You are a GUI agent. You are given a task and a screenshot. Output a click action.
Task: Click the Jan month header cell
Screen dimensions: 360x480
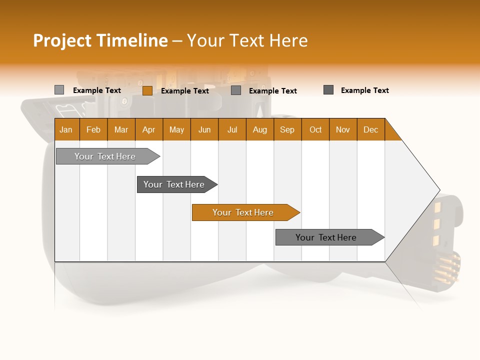click(66, 129)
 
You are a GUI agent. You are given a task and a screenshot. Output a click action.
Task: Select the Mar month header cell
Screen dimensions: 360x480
click(121, 129)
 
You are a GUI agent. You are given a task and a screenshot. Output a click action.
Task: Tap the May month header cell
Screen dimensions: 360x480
click(176, 129)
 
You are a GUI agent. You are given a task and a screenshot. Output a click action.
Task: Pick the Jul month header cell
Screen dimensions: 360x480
click(232, 129)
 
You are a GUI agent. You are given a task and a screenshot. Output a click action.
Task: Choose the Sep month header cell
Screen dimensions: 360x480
click(287, 129)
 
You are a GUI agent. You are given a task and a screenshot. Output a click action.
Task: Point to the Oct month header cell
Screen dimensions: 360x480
click(315, 129)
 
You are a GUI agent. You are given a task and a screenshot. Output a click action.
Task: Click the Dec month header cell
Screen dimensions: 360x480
click(371, 129)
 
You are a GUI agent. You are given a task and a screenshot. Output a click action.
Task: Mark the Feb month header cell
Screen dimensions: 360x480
click(93, 129)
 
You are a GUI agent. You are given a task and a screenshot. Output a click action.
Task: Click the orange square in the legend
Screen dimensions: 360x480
click(147, 90)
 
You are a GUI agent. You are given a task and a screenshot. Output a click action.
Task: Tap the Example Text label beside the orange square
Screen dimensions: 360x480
click(185, 91)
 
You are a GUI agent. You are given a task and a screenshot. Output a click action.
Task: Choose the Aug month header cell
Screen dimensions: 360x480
click(260, 129)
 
